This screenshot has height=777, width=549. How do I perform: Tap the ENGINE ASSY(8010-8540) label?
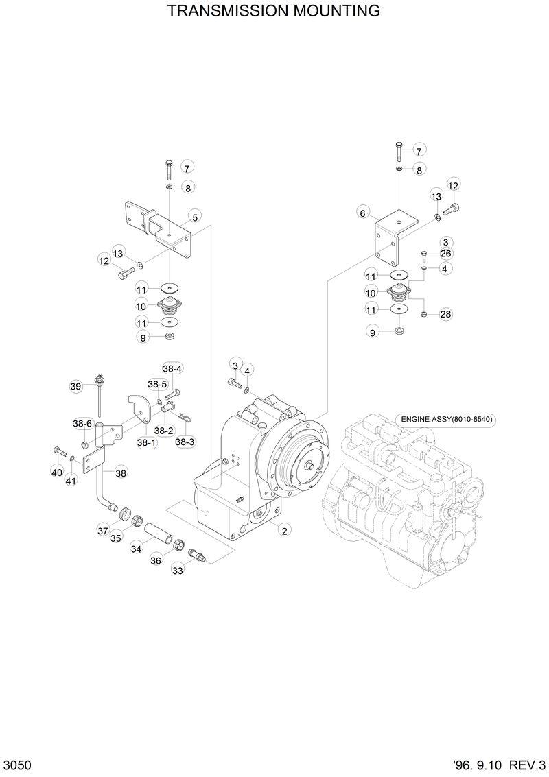click(x=447, y=419)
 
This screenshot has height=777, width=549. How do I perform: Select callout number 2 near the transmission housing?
click(x=283, y=529)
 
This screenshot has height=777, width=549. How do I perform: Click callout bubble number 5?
click(x=195, y=217)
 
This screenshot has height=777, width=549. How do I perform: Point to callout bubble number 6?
click(x=362, y=213)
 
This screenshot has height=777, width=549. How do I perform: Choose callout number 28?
click(x=445, y=314)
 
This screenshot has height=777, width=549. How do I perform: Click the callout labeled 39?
click(x=76, y=387)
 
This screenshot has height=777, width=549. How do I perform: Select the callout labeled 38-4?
click(x=172, y=368)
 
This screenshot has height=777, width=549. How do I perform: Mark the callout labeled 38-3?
click(x=185, y=442)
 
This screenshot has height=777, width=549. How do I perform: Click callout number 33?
click(x=178, y=570)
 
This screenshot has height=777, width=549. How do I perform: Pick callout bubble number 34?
click(x=137, y=549)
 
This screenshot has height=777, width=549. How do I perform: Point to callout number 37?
click(x=102, y=530)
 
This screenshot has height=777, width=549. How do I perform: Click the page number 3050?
click(x=16, y=765)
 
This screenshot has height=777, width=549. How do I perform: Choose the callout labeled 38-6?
click(x=83, y=424)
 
